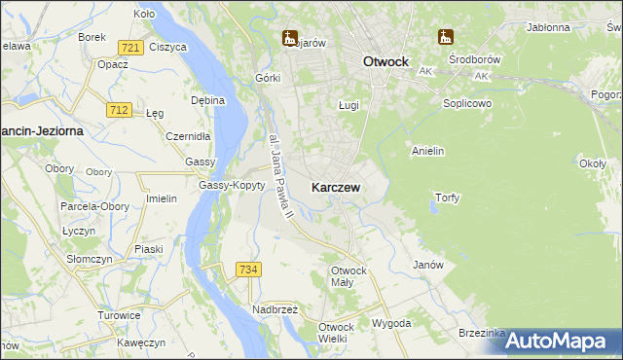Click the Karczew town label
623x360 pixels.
tap(337, 187)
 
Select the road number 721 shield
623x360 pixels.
tap(131, 48)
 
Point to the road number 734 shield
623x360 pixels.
tap(248, 269)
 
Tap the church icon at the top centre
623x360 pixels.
tap(289, 39)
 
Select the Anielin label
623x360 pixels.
tap(428, 151)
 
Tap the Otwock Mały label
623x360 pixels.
tap(348, 276)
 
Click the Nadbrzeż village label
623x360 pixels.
tap(275, 309)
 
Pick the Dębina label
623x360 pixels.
tap(208, 100)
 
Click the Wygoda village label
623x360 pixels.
tap(391, 323)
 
